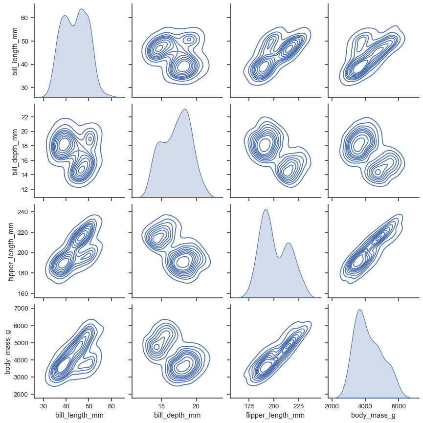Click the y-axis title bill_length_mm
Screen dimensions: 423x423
[x=15, y=50]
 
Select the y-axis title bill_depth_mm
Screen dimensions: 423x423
[x=15, y=150]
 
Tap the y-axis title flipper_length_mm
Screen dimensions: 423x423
[x=11, y=250]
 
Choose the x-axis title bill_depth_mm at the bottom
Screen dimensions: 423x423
[x=177, y=415]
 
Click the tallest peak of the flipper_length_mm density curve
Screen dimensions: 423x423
[x=265, y=209]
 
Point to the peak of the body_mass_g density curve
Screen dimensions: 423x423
[x=360, y=310]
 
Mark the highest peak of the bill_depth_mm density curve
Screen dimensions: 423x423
[x=185, y=109]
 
